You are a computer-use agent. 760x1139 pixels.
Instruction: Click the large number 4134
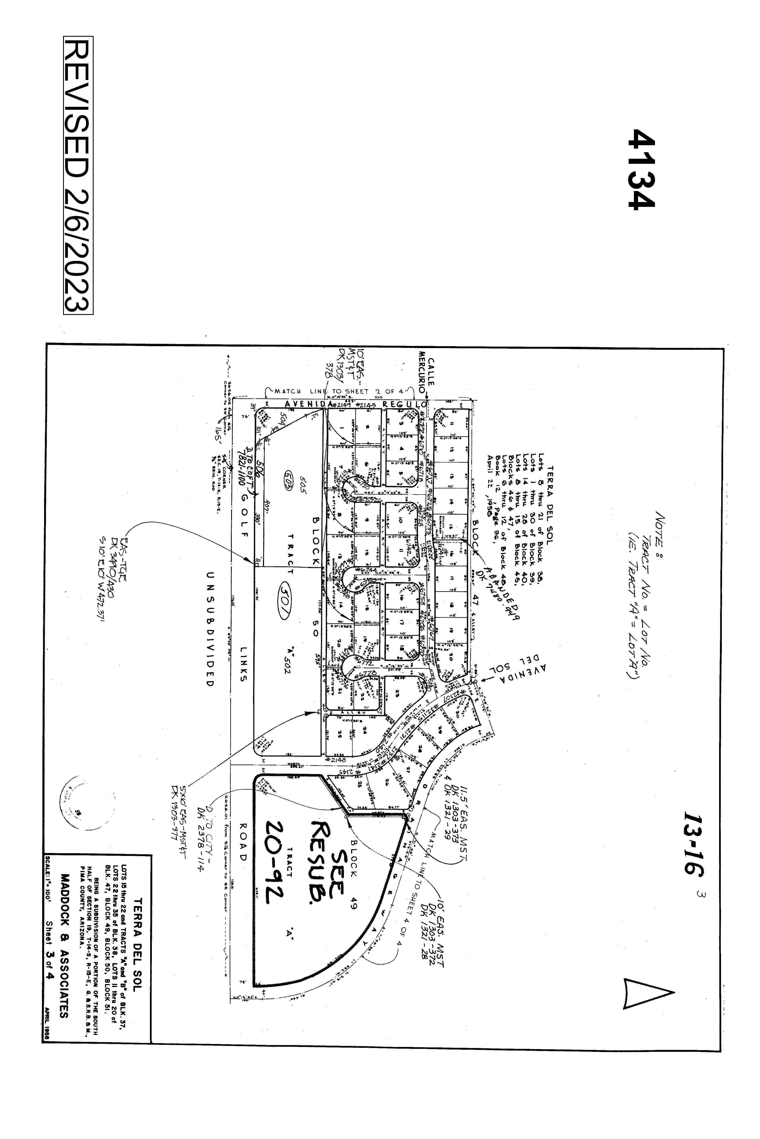click(641, 169)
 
